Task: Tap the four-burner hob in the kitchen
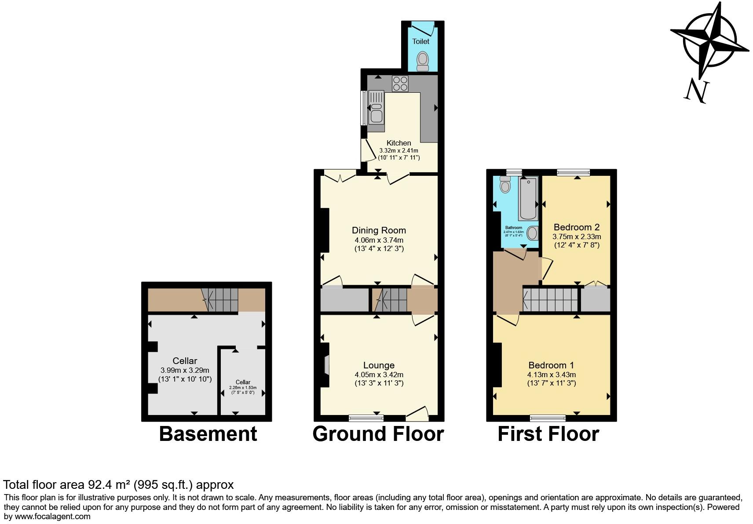[400, 84]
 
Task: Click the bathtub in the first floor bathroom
[528, 199]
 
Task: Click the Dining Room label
[379, 230]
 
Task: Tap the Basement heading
[208, 434]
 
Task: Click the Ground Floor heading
[378, 434]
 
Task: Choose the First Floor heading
[548, 434]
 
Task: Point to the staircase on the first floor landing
[550, 299]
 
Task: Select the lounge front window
[366, 417]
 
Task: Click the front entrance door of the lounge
[417, 412]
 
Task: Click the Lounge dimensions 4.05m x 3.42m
[379, 375]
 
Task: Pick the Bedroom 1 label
[551, 365]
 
